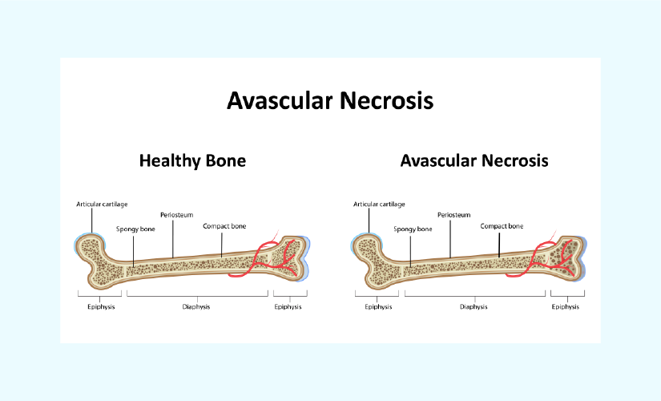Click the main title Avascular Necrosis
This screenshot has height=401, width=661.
330,100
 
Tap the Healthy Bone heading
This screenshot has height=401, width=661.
192,160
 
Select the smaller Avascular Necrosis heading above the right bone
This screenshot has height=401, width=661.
474,160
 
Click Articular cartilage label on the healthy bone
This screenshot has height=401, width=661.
102,205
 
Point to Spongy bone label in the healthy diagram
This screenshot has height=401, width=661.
135,229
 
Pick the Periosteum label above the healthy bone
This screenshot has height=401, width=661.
176,215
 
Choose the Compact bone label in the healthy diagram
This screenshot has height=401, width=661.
224,226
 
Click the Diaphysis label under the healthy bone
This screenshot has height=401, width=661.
196,307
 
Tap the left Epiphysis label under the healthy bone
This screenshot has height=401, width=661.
101,307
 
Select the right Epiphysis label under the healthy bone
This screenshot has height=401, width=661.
288,307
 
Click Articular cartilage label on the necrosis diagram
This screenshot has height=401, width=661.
379,205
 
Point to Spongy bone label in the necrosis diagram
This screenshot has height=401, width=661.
413,229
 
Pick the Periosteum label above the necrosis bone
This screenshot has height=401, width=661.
454,215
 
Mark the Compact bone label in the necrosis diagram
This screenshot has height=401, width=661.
502,226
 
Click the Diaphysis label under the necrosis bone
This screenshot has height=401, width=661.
474,307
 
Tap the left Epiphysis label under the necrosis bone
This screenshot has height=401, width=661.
378,307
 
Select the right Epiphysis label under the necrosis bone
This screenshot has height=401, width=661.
566,307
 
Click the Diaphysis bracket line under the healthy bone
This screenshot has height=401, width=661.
197,296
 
